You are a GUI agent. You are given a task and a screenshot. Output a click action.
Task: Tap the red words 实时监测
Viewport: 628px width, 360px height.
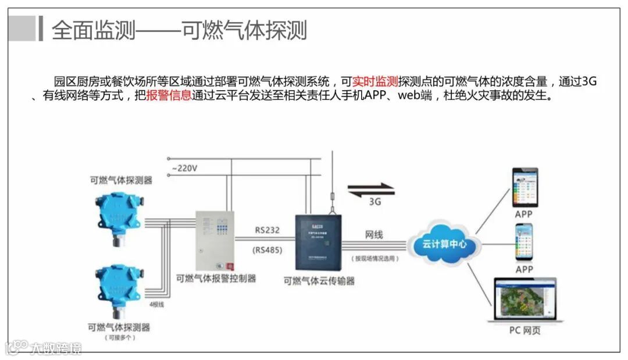pos(375,81)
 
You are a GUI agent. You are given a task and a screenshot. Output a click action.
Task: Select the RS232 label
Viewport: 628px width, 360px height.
pos(267,230)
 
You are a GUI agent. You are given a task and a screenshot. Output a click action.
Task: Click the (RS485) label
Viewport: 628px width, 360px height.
pos(267,251)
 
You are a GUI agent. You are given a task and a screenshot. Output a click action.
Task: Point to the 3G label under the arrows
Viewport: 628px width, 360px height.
pos(376,203)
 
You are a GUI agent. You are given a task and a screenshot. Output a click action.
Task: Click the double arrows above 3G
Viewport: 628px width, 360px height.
pos(371,189)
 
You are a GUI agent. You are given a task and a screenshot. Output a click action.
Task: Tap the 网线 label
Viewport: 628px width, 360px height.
pos(374,234)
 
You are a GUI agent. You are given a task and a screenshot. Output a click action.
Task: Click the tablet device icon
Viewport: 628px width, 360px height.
pos(524,187)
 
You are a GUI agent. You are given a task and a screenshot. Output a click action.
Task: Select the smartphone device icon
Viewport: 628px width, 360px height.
pos(524,241)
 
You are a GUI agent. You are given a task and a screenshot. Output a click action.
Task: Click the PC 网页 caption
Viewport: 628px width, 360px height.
pos(525,331)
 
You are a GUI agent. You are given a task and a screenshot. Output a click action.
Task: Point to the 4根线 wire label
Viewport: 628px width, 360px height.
pos(156,304)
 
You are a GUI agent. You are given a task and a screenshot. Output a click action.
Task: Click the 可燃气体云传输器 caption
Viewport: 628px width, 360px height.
pos(319,281)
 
